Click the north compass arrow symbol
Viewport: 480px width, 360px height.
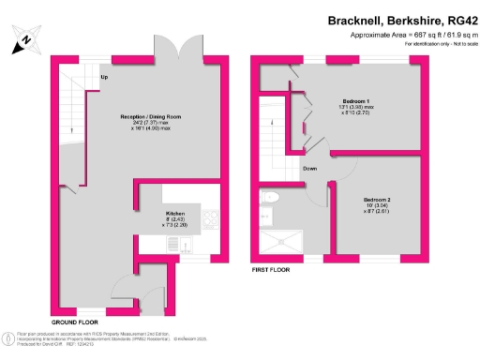point(26,39)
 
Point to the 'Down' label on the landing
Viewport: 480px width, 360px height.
point(309,169)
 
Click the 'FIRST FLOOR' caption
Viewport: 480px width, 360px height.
point(271,269)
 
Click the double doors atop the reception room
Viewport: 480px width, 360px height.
point(185,48)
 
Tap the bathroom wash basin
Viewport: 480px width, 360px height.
point(265,217)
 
